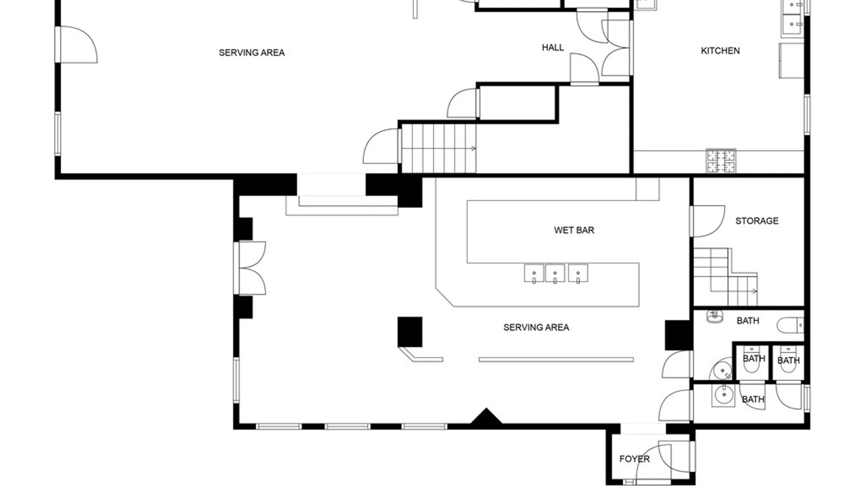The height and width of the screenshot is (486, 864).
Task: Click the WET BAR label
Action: click(x=574, y=230)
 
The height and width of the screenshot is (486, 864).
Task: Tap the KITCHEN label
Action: click(x=720, y=51)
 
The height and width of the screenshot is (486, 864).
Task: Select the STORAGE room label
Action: click(x=756, y=221)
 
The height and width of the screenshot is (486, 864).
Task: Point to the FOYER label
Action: click(x=634, y=459)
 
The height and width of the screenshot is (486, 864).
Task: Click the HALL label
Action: click(x=553, y=48)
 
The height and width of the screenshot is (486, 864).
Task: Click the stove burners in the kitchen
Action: click(x=721, y=161)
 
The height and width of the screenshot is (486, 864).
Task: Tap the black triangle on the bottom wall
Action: click(x=486, y=416)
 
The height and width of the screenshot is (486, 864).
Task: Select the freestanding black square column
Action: click(x=409, y=332)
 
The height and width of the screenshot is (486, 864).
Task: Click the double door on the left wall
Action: click(x=250, y=268)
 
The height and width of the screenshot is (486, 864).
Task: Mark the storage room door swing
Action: click(x=708, y=221)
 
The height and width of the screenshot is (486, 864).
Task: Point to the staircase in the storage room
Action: click(x=725, y=277)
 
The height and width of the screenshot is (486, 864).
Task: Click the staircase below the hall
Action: click(x=439, y=148)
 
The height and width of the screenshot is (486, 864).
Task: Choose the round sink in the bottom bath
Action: click(x=724, y=396)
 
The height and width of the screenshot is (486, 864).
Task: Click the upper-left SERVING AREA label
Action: click(x=252, y=53)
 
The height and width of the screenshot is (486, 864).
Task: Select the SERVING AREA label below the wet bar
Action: click(x=536, y=328)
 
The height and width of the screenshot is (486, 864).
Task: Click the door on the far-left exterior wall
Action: click(x=76, y=44)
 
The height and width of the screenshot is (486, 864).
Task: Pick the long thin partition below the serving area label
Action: click(x=556, y=360)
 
